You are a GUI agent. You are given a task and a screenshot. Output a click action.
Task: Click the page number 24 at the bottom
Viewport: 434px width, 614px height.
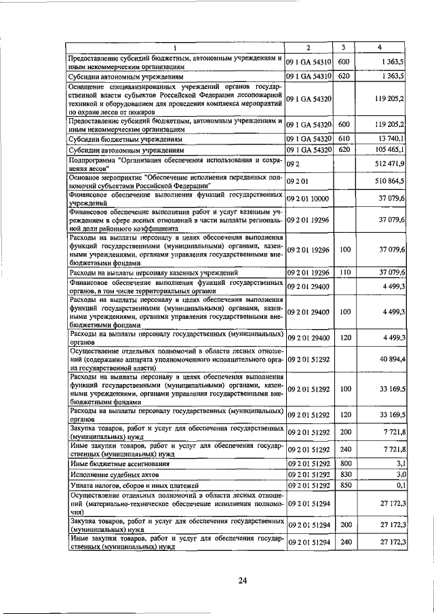(x=242, y=580)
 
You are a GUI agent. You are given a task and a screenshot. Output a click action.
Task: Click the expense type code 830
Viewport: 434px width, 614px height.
(x=344, y=474)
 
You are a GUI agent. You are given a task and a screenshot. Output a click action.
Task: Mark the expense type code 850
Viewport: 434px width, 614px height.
(x=344, y=485)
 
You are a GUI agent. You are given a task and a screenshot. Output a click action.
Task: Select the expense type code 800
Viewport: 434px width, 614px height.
(x=344, y=463)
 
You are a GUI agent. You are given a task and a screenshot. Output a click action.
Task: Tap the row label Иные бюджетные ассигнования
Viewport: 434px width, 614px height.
(x=118, y=463)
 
